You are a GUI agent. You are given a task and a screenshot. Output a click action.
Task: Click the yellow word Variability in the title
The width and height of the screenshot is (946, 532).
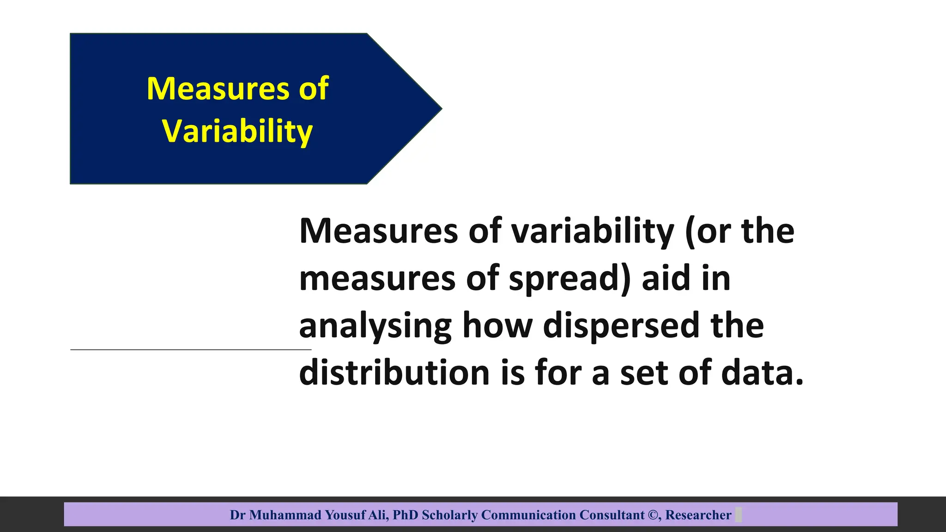pyautogui.click(x=237, y=131)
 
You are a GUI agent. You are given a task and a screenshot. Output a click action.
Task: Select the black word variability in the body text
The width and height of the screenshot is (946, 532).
pyautogui.click(x=593, y=231)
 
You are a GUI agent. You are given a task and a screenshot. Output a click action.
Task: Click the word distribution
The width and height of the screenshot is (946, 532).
pyautogui.click(x=394, y=373)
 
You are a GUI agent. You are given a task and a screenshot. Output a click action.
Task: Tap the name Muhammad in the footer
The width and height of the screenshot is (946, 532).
pyautogui.click(x=285, y=515)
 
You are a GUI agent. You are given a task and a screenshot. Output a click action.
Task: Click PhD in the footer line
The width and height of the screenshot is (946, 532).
pyautogui.click(x=405, y=515)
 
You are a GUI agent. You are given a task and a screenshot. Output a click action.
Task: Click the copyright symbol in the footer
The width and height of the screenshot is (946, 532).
pyautogui.click(x=654, y=515)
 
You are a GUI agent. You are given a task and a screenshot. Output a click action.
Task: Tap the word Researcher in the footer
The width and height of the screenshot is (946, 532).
pyautogui.click(x=698, y=515)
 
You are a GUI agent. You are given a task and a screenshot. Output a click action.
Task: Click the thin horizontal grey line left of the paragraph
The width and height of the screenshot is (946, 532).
pyautogui.click(x=185, y=350)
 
